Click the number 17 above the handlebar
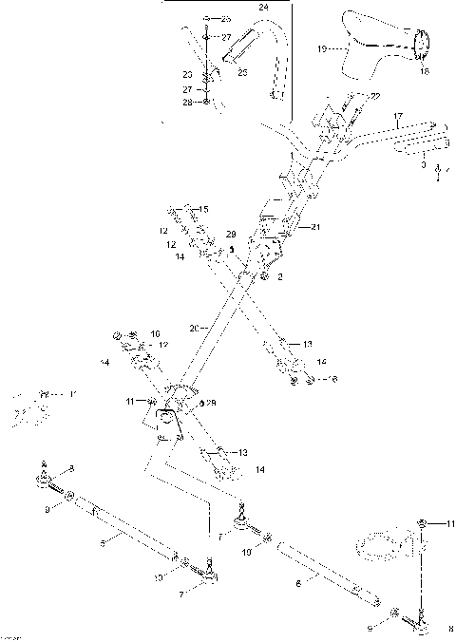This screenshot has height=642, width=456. pos(399,118)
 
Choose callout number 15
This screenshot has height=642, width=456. pos(203,208)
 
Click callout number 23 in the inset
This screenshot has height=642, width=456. pos(187,73)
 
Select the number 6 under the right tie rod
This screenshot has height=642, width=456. pos(300,588)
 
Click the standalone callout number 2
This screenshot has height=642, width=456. pos(279,277)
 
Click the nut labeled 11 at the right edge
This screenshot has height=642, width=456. pos(423,523)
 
